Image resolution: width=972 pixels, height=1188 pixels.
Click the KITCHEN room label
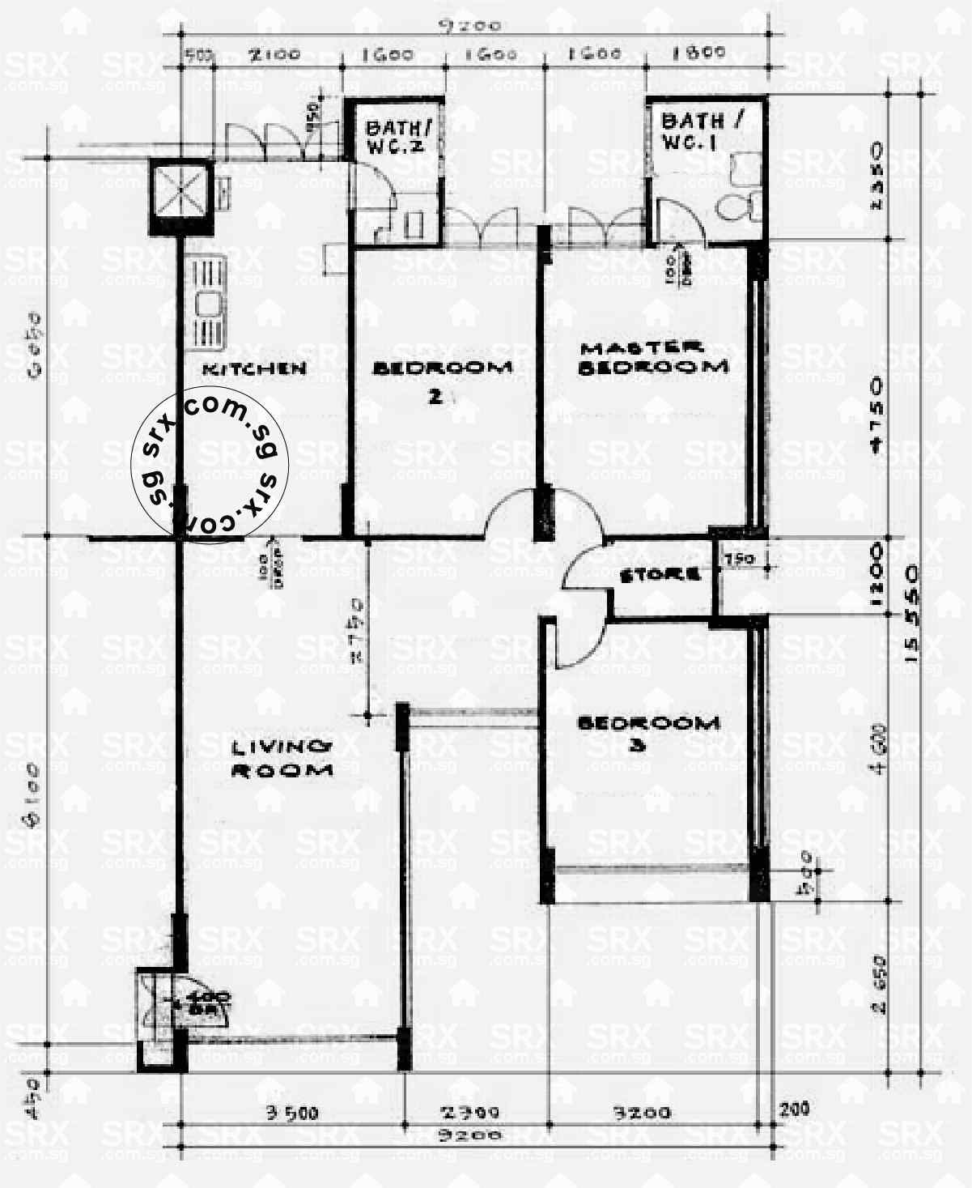(254, 368)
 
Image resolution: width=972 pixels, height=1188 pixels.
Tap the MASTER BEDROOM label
(654, 358)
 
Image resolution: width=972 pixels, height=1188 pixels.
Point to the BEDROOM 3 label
(647, 732)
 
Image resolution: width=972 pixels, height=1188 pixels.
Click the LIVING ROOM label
(282, 758)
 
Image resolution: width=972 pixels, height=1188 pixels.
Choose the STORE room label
(660, 575)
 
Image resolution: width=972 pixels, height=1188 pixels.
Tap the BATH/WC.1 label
(701, 131)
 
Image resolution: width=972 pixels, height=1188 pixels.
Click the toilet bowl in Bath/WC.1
(738, 206)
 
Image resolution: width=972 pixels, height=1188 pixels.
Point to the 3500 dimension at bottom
(292, 1113)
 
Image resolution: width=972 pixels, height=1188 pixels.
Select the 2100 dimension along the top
(274, 55)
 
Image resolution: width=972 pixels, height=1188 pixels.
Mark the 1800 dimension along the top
(699, 53)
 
